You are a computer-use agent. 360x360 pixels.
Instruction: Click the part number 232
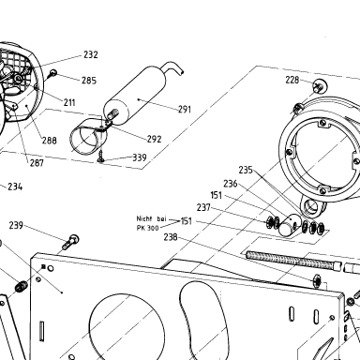91,54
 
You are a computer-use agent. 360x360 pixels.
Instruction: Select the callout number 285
89,81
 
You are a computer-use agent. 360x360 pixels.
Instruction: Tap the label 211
69,102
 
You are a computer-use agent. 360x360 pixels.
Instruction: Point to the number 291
185,109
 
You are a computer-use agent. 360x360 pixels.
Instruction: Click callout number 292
155,139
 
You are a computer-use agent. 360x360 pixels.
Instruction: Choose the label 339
140,157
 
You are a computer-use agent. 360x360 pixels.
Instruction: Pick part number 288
50,141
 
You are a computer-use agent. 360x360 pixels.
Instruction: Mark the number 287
37,162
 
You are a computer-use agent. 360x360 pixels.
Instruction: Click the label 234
15,187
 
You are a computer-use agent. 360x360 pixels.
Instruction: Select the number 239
16,225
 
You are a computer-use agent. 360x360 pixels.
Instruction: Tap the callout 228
292,80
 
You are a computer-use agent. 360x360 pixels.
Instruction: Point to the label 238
171,237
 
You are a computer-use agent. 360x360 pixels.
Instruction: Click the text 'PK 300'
147,228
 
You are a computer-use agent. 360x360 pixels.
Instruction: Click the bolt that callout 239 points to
70,242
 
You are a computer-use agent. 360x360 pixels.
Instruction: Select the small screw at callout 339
101,157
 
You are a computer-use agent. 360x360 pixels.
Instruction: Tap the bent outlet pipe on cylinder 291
173,67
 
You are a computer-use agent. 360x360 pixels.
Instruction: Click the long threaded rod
293,261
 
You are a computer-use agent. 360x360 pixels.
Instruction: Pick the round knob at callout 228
320,85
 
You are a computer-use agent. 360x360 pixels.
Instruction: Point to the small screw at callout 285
52,74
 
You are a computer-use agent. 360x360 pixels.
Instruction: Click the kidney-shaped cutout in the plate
203,316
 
